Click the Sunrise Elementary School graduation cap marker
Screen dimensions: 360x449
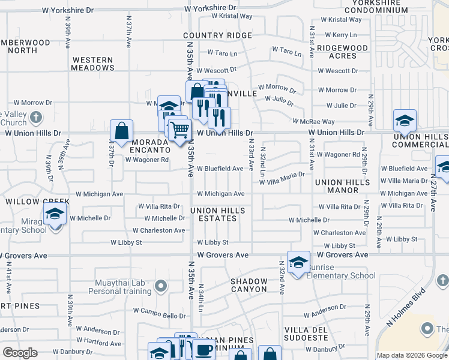pyautogui.click(x=298, y=262)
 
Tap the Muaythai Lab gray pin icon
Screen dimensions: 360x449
pyautogui.click(x=160, y=286)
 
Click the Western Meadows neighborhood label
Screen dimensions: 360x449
pyautogui.click(x=92, y=64)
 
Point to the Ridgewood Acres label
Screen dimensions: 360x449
pyautogui.click(x=343, y=52)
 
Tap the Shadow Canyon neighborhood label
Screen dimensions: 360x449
pyautogui.click(x=249, y=285)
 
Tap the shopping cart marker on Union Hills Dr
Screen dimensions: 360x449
pyautogui.click(x=179, y=129)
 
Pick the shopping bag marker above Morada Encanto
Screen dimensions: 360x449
pyautogui.click(x=122, y=131)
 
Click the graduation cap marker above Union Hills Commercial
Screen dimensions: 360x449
pyautogui.click(x=405, y=121)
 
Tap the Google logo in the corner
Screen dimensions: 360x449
pyautogui.click(x=19, y=353)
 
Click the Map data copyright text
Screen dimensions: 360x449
pyautogui.click(x=412, y=355)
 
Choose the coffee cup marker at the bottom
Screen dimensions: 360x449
pyautogui.click(x=203, y=350)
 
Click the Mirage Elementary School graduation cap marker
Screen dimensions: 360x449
pyautogui.click(x=55, y=214)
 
